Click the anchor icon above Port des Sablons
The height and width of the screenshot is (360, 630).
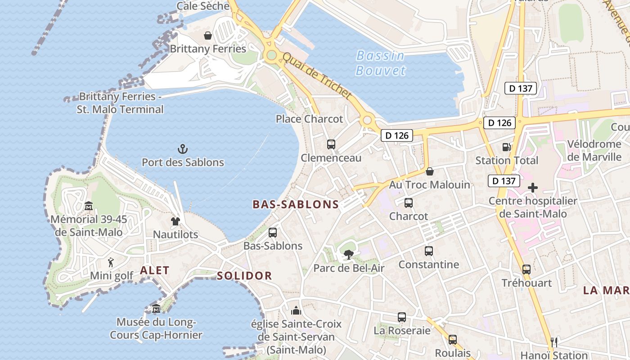[183, 149]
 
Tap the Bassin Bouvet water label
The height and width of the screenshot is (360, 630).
[380, 63]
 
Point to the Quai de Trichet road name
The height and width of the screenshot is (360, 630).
[316, 75]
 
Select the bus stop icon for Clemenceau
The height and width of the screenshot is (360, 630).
[331, 144]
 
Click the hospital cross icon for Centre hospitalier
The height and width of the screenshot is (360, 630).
[533, 188]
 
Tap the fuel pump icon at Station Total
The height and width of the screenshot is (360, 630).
[507, 147]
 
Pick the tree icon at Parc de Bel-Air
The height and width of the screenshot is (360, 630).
[348, 255]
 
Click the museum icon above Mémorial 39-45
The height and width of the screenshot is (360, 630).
[89, 206]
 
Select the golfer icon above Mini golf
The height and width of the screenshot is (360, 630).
[111, 262]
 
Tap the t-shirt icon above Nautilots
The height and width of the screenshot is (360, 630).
[175, 221]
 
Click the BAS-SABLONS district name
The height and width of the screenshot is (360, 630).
[296, 205]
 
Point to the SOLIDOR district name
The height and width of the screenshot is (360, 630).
[244, 276]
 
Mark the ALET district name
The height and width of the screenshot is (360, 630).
[154, 270]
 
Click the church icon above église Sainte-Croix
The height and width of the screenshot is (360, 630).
[296, 310]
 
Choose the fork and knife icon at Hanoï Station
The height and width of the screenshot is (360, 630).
[554, 342]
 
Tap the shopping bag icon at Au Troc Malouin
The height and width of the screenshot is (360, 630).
[430, 171]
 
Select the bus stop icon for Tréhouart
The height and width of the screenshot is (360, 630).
[526, 270]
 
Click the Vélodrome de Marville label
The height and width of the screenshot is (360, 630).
[594, 151]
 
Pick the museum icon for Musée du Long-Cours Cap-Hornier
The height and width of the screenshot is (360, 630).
[156, 309]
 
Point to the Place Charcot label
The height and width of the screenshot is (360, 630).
[309, 119]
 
